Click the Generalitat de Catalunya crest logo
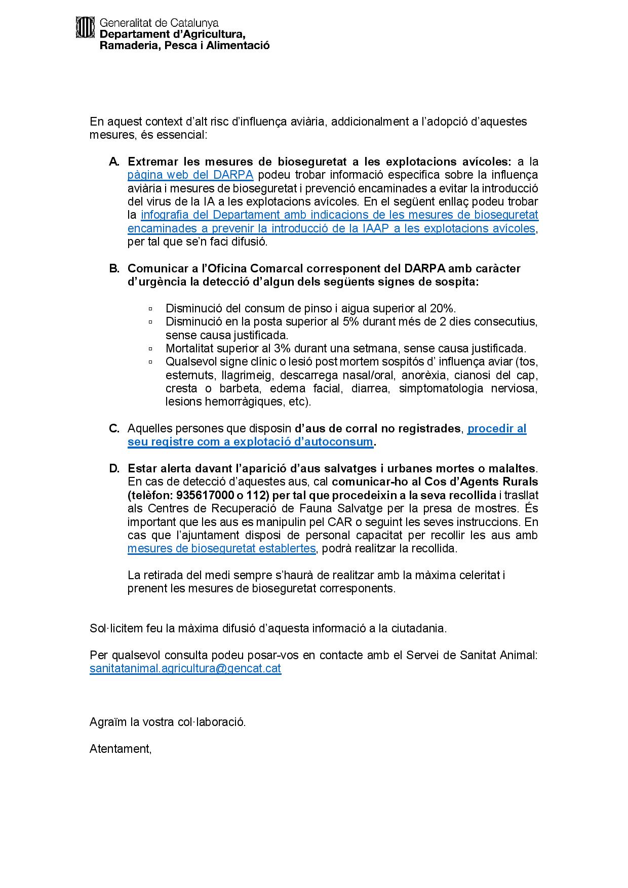coord(86,27)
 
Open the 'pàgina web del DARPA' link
coord(190,175)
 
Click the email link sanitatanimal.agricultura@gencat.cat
coord(185,668)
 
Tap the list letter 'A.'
coord(114,162)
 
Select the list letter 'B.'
coord(114,268)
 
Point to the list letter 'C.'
coord(114,429)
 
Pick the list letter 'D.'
coord(114,468)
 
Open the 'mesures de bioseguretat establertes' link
coord(221,549)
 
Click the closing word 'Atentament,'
coord(121,749)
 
